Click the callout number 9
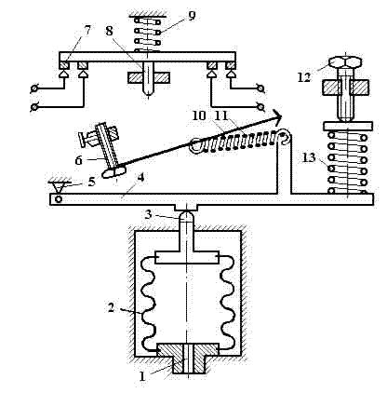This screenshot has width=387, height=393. (x=192, y=16)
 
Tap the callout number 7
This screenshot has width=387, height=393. (x=87, y=30)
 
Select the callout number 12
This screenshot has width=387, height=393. (x=304, y=77)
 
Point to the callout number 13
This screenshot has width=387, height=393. (x=309, y=157)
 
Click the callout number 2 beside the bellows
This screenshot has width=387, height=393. (x=111, y=307)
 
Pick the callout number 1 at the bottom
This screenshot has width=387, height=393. (x=142, y=376)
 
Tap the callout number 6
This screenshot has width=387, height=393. (x=79, y=160)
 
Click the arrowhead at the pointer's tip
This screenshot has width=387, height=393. (x=277, y=116)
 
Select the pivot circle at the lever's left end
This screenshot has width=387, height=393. (x=59, y=198)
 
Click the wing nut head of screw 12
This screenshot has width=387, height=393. (x=346, y=62)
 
